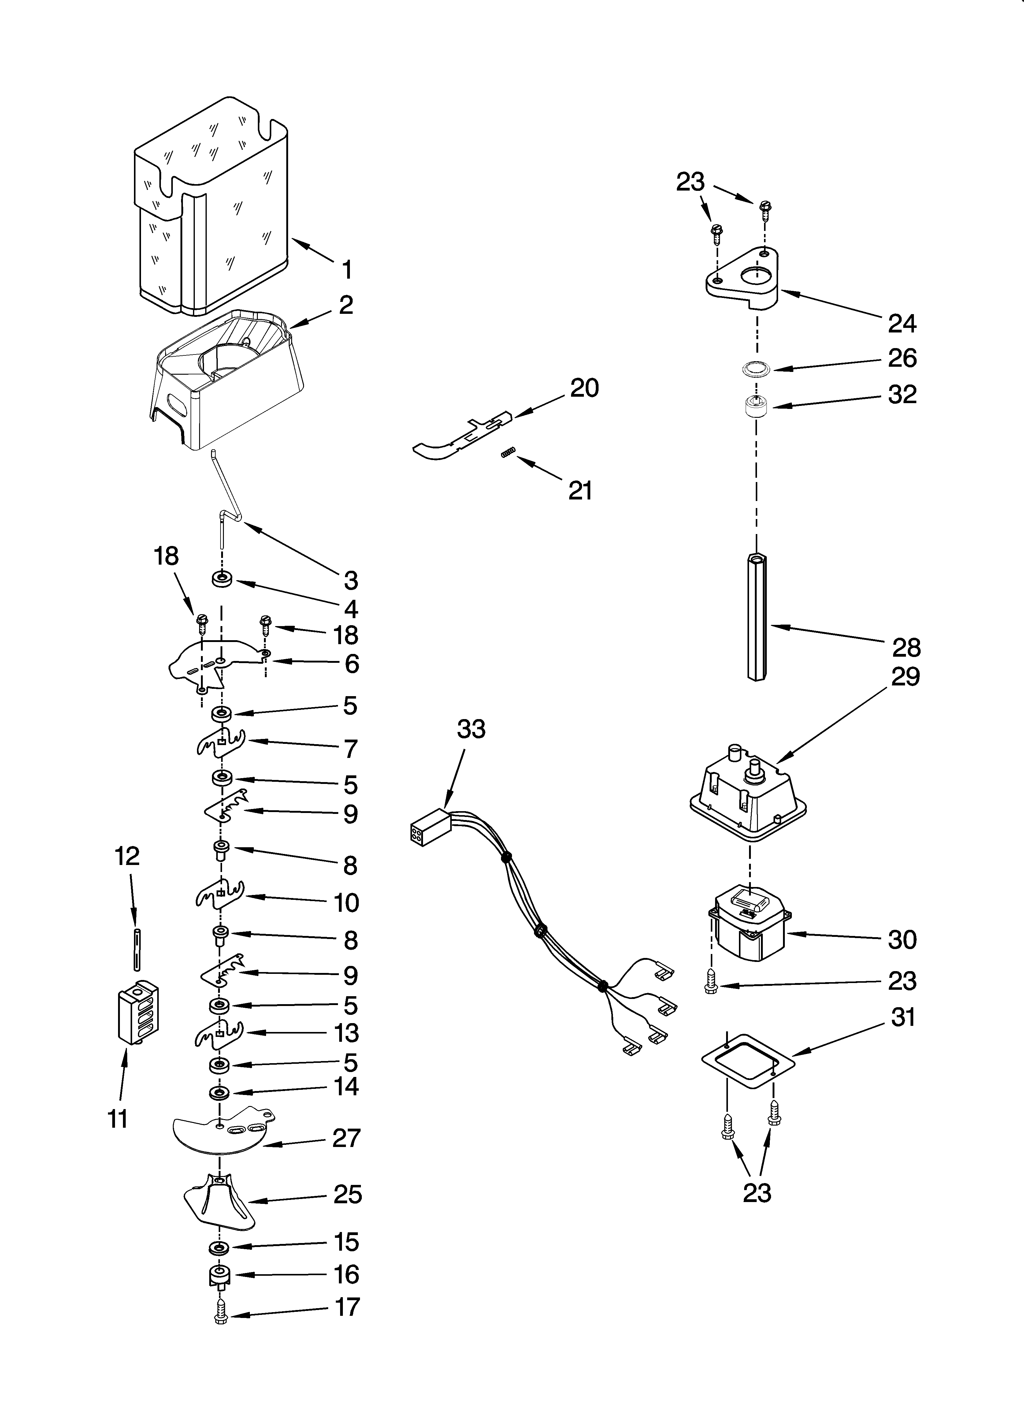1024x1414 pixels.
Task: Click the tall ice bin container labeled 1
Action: pos(212,206)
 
